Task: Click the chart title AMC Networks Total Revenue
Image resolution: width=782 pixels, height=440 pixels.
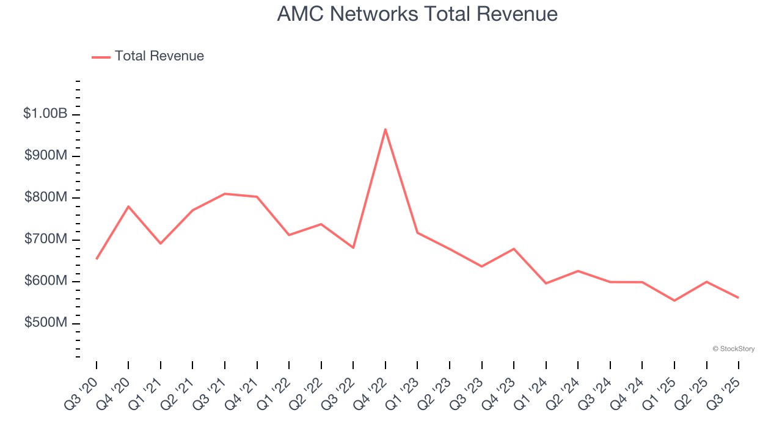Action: point(417,14)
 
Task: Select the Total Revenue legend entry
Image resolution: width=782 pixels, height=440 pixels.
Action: point(148,56)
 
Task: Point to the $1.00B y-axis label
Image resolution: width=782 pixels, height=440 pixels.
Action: point(45,114)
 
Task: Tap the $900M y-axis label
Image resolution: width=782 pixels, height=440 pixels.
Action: point(46,156)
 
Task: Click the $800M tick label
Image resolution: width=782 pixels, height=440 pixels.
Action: point(46,197)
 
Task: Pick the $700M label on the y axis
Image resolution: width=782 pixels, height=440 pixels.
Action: point(46,239)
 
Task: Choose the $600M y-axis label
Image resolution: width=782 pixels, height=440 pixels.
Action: point(46,280)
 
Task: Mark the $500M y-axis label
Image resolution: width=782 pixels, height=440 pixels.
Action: point(46,323)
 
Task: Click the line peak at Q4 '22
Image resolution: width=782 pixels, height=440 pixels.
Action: point(386,129)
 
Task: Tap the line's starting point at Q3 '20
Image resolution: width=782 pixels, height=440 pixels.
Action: point(97,259)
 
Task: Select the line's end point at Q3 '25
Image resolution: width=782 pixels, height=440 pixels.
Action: point(739,298)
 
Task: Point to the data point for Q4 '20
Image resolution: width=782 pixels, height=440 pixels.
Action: point(128,206)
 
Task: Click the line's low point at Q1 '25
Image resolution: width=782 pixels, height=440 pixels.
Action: point(674,301)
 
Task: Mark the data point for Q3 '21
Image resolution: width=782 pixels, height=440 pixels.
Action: point(225,194)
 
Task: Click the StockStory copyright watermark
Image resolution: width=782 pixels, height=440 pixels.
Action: point(733,349)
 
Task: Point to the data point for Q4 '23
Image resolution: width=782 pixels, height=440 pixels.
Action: point(514,249)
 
